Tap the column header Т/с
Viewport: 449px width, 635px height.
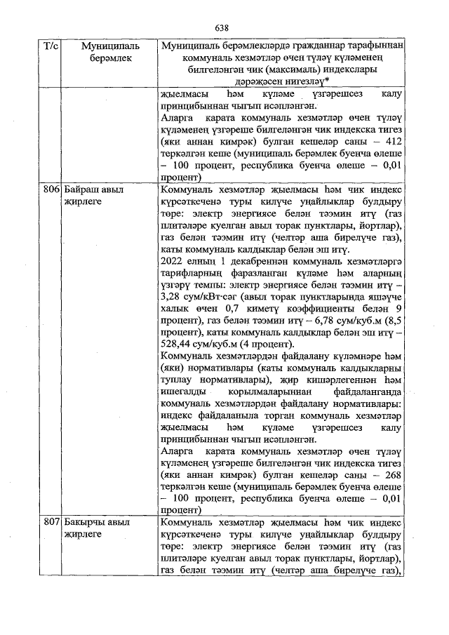[51, 46]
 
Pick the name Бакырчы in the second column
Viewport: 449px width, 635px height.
[82, 523]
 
